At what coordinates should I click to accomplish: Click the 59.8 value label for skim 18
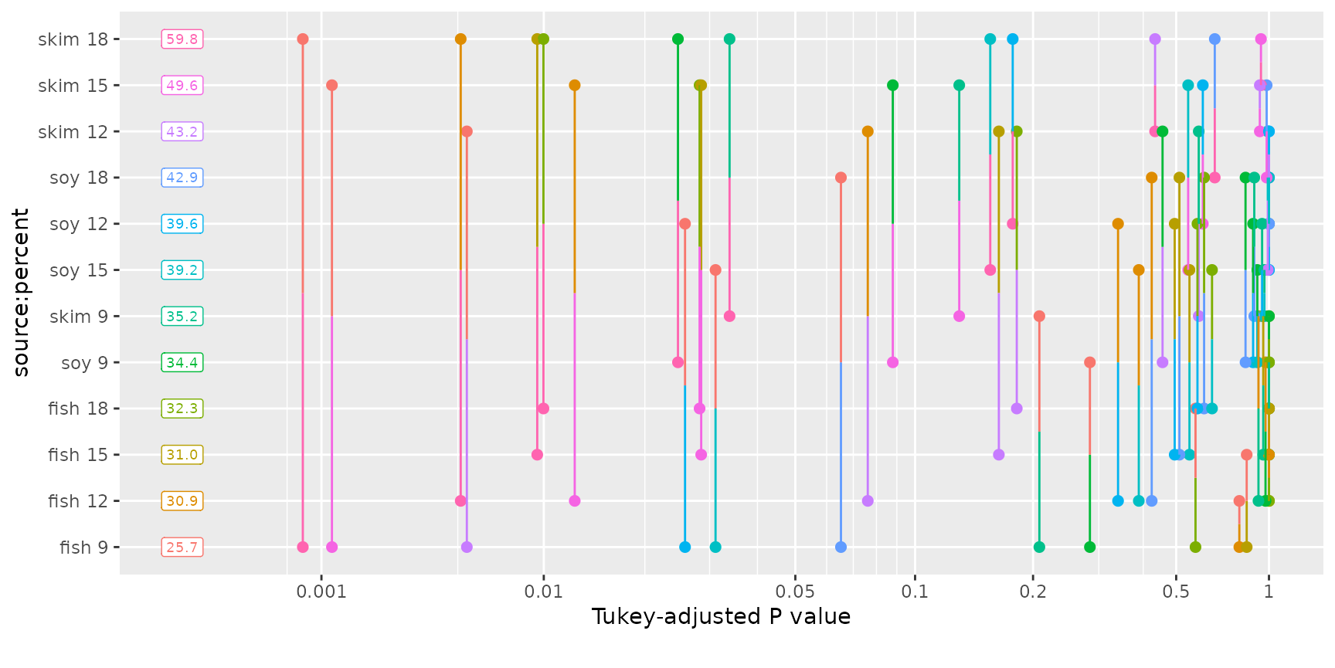(182, 39)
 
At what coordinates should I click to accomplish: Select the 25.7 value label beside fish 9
(182, 548)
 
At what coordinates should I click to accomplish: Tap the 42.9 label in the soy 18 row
(182, 178)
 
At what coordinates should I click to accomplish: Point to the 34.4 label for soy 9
(182, 362)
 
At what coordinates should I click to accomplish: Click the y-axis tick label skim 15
(73, 86)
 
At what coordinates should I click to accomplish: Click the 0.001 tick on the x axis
(321, 592)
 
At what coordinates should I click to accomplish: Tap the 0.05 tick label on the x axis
(795, 592)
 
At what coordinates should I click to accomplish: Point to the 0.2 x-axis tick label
(1033, 592)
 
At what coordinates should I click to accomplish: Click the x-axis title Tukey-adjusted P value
(721, 617)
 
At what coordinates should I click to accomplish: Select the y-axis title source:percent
(21, 292)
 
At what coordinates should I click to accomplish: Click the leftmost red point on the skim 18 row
(303, 39)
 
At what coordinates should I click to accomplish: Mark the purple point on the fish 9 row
(467, 548)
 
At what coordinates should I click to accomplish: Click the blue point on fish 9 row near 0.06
(841, 548)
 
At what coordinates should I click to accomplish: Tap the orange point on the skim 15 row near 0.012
(574, 86)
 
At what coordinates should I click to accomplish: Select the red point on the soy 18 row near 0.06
(841, 178)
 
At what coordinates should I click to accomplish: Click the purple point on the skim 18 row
(1155, 39)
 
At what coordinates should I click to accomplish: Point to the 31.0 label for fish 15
(182, 455)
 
